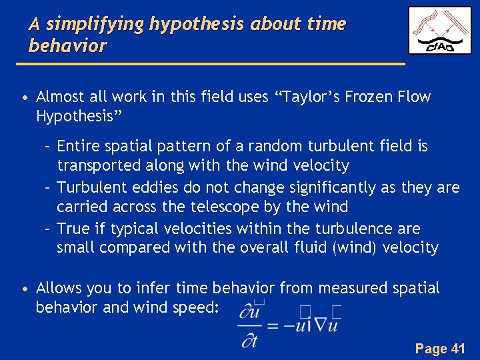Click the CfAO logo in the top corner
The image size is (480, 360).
click(x=439, y=31)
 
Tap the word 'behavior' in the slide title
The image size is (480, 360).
click(x=67, y=46)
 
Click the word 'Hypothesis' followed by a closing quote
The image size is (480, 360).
click(x=77, y=116)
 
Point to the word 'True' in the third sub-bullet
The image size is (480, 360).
click(x=73, y=229)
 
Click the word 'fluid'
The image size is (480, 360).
click(x=324, y=248)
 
